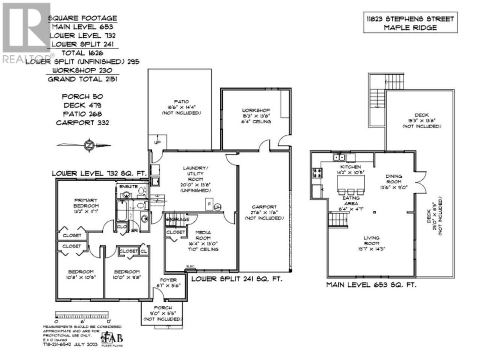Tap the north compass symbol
[89, 145]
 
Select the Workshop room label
[256, 116]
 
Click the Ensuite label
[129, 186]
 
